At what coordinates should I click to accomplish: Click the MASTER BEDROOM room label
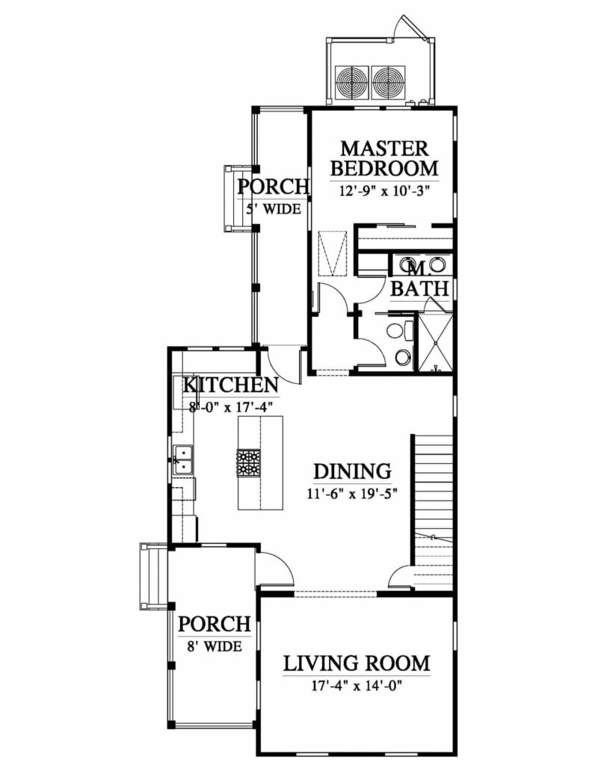384,158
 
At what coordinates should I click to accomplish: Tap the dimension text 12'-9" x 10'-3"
383,191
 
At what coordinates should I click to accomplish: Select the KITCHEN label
231,385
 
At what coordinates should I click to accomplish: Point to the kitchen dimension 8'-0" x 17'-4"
230,406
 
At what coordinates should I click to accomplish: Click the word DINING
352,472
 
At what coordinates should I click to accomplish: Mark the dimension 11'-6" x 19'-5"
351,494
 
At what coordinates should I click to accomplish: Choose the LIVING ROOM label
357,663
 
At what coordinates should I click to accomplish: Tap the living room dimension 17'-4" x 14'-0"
357,686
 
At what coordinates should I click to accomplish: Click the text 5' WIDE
274,209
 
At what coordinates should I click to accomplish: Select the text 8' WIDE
215,646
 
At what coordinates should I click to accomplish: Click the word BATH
420,288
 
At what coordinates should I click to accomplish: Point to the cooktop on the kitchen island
249,463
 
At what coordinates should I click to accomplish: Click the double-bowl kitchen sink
184,459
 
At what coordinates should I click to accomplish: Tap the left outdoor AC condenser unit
351,82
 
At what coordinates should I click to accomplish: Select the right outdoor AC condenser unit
389,82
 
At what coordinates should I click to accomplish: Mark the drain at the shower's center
435,343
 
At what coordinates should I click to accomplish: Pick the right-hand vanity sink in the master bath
439,265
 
